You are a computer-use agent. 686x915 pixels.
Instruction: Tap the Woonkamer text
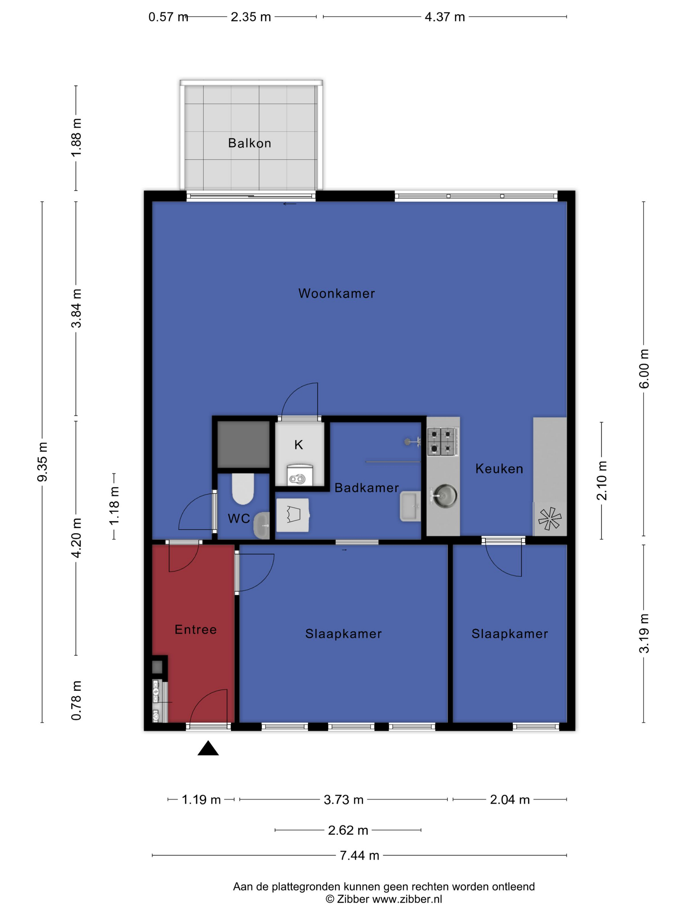[336, 293]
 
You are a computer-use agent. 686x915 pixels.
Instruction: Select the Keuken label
[499, 469]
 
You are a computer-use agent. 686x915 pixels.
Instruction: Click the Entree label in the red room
[196, 630]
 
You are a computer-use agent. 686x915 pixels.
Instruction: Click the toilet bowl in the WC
[243, 489]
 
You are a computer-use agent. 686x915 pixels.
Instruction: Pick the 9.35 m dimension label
[42, 462]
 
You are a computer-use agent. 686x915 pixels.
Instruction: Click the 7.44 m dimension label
[359, 856]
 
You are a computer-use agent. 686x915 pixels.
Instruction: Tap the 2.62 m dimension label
[348, 830]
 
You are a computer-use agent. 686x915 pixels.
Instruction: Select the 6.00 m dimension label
[644, 369]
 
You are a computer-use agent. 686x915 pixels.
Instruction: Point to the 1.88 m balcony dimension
[76, 138]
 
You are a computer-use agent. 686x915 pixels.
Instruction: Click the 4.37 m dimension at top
[445, 17]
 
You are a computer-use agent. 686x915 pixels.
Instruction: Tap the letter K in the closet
[299, 445]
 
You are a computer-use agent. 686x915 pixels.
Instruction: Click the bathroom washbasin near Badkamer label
[410, 506]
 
